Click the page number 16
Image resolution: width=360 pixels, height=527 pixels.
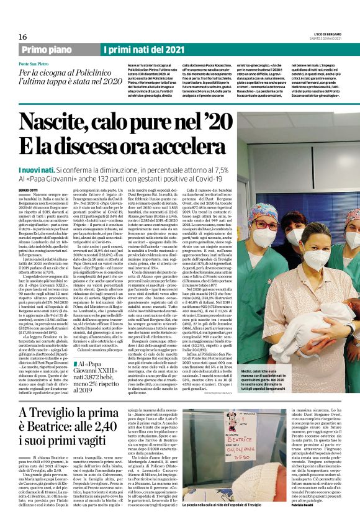click(14, 37)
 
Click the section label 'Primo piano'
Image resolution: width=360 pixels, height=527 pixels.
click(45, 50)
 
